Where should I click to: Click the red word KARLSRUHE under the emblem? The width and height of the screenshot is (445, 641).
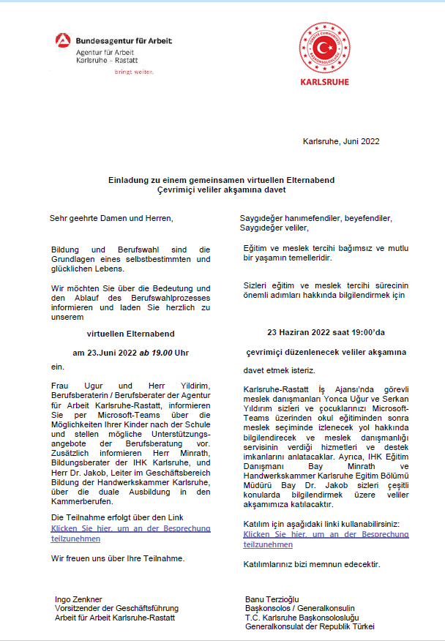pyautogui.click(x=325, y=81)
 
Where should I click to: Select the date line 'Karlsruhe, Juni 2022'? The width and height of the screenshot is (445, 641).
pyautogui.click(x=340, y=141)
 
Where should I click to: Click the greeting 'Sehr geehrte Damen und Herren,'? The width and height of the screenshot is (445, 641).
pyautogui.click(x=111, y=218)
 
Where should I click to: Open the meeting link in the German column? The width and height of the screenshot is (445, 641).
pyautogui.click(x=130, y=533)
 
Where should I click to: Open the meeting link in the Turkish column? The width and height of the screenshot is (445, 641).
pyautogui.click(x=326, y=539)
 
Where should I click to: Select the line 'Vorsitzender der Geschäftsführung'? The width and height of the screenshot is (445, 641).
pyautogui.click(x=116, y=608)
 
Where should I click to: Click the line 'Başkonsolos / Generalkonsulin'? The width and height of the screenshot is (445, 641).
pyautogui.click(x=299, y=608)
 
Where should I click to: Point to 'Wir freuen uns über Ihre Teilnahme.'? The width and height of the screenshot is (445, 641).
pyautogui.click(x=117, y=558)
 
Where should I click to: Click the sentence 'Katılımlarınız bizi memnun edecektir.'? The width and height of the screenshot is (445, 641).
pyautogui.click(x=312, y=564)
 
